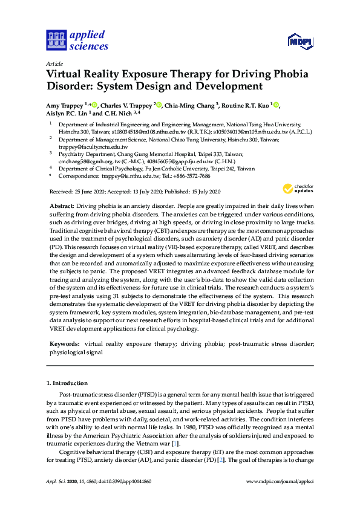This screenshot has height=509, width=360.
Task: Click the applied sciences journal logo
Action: tap(77, 40)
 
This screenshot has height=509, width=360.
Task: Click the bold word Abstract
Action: tap(62, 206)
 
